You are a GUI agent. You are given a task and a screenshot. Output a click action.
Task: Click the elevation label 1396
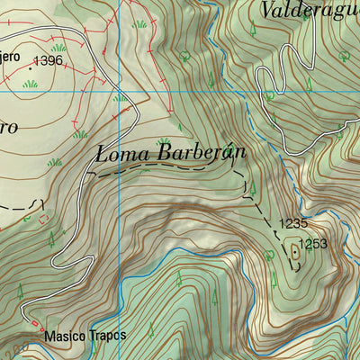pos(48,61)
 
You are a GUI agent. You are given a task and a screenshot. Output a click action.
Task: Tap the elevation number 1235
pos(292,224)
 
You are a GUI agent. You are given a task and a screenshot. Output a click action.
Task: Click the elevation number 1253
pos(314,243)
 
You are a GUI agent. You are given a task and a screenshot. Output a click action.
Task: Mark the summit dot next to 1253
pos(294,253)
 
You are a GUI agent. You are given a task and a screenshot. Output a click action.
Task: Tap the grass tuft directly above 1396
pos(59,47)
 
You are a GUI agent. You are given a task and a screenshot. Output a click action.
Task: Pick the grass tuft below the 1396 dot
pos(31,84)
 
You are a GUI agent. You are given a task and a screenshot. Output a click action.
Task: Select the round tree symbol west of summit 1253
pos(269,255)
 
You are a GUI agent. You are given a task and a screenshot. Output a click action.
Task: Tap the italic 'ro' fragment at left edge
pos(7,126)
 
